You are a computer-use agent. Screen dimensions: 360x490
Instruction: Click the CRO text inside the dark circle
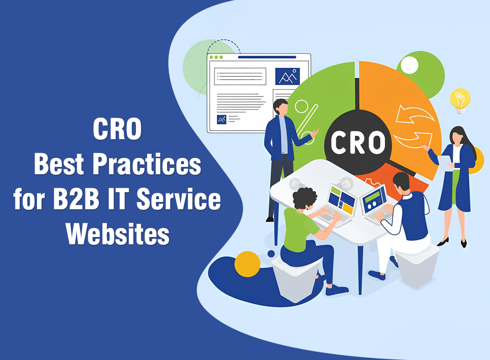pyautogui.click(x=358, y=142)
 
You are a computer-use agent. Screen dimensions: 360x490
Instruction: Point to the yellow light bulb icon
pyautogui.click(x=460, y=100)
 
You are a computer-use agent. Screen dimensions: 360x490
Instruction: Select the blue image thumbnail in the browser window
pyautogui.click(x=287, y=76)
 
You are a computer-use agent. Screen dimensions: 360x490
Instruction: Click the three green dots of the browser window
pyautogui.click(x=216, y=57)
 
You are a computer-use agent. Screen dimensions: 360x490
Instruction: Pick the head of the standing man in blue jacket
pyautogui.click(x=281, y=107)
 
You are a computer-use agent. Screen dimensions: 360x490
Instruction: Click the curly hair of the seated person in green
pyautogui.click(x=302, y=197)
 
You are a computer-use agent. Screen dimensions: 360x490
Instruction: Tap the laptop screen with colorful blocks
pyautogui.click(x=342, y=198)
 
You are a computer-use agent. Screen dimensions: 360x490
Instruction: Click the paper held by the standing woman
pyautogui.click(x=446, y=162)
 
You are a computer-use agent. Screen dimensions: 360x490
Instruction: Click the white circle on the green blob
pyautogui.click(x=409, y=65)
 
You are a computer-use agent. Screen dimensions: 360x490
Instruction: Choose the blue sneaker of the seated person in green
pyautogui.click(x=337, y=289)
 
